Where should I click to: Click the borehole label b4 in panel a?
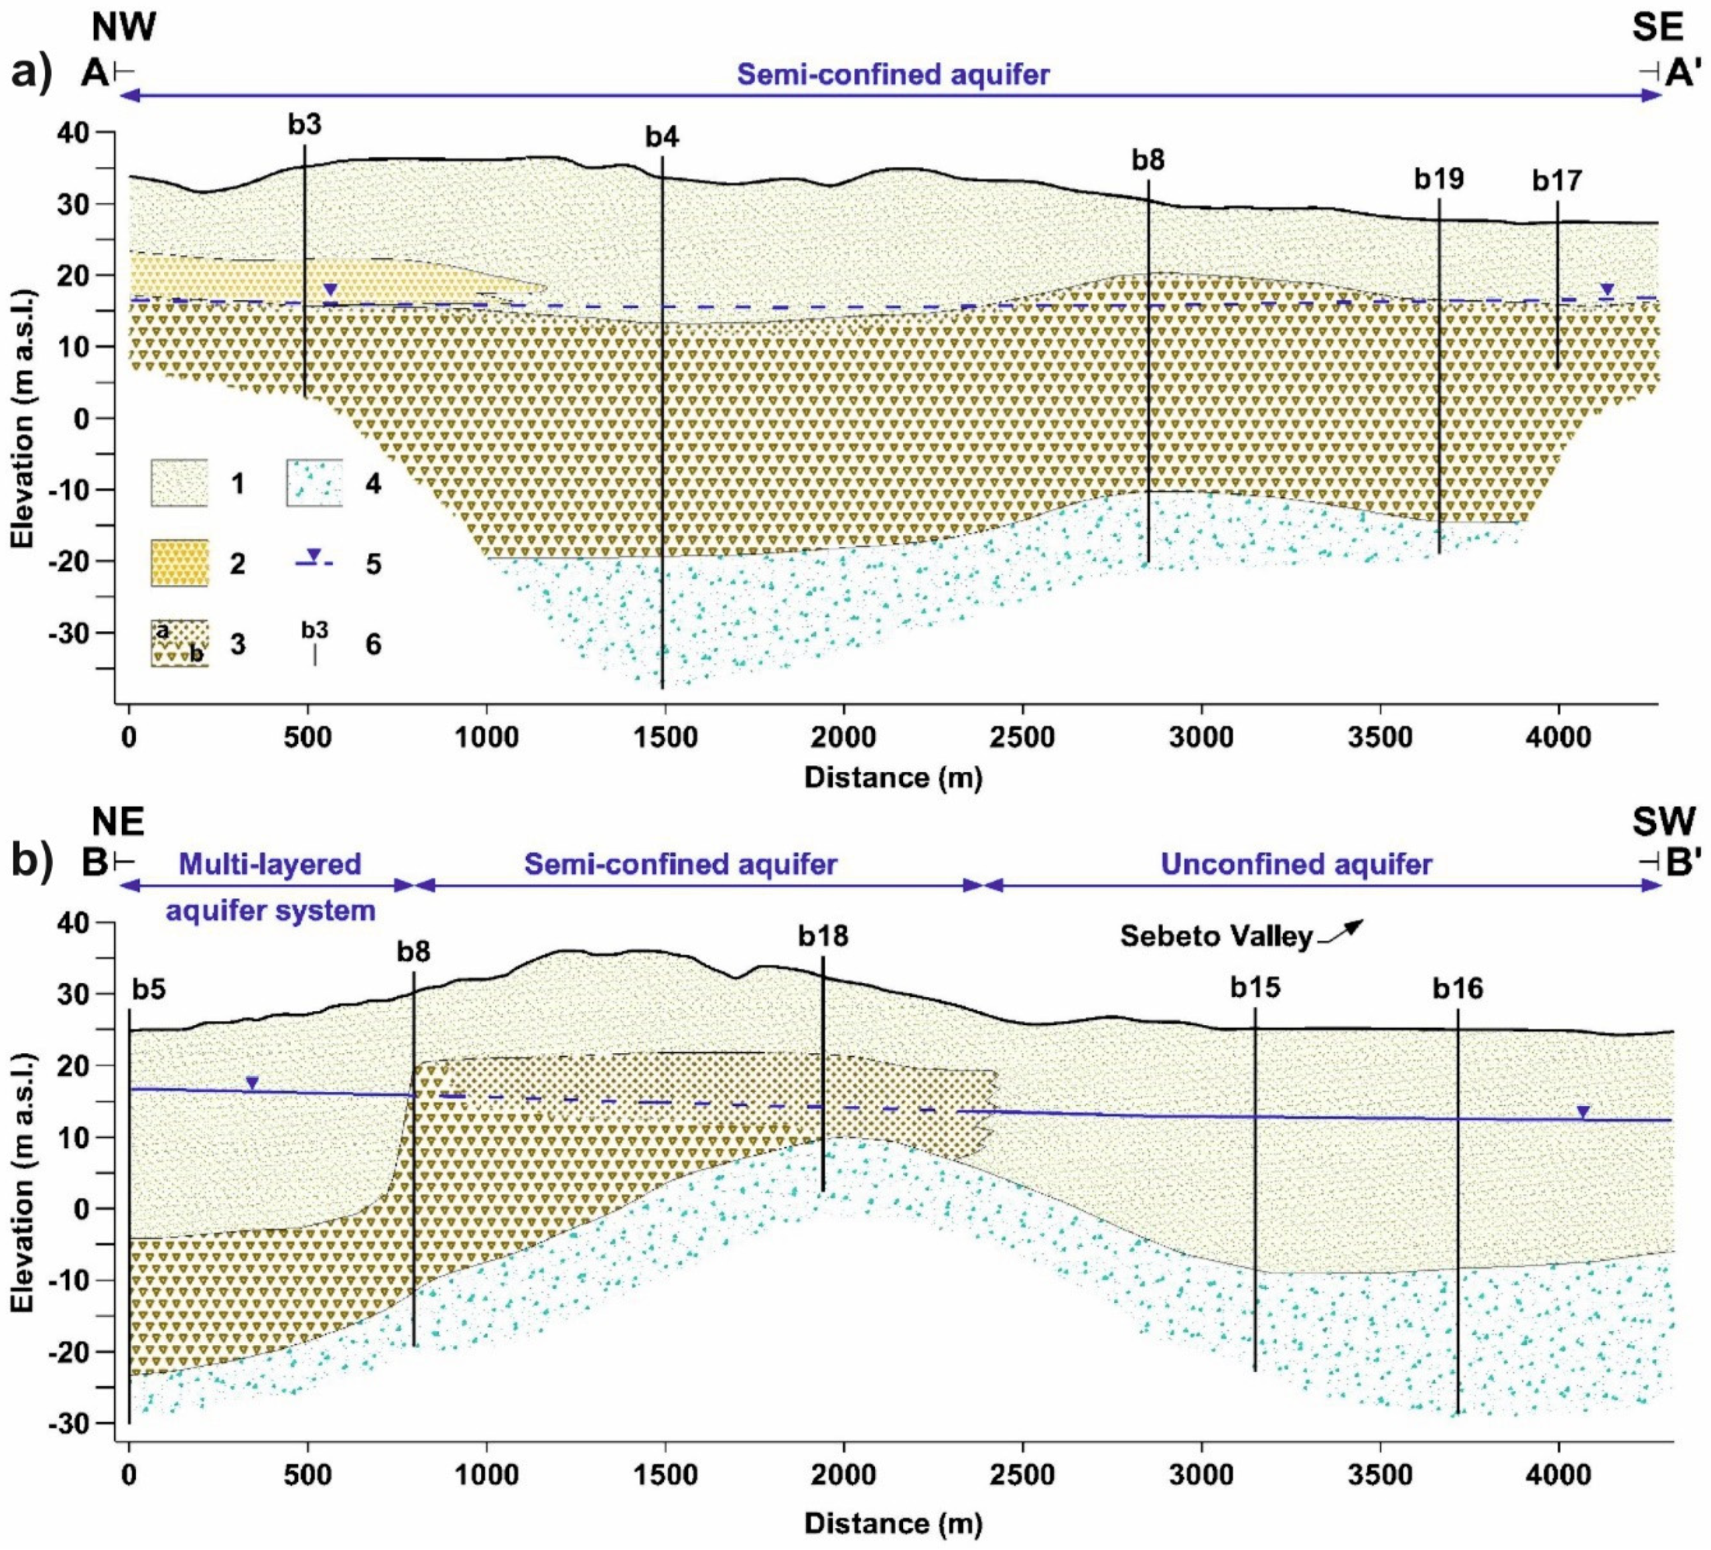[662, 137]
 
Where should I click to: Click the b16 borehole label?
[1458, 988]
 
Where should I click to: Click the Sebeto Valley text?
[1216, 936]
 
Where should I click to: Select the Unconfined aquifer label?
[1296, 864]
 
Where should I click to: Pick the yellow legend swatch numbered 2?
[179, 563]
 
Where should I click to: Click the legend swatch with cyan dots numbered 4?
[314, 483]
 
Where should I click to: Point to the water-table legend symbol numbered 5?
[314, 559]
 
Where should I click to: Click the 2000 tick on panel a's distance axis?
[843, 737]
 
